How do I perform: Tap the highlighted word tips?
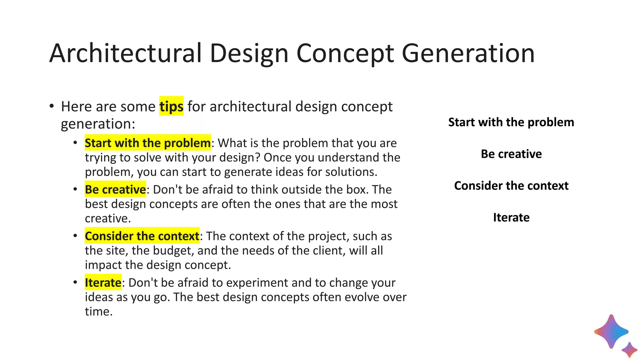pyautogui.click(x=171, y=107)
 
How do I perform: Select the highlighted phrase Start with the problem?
pyautogui.click(x=147, y=143)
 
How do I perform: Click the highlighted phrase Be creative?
pyautogui.click(x=115, y=190)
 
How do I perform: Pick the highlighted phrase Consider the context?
pyautogui.click(x=142, y=236)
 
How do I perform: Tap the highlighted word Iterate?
pyautogui.click(x=103, y=283)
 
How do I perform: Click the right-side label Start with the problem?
pyautogui.click(x=511, y=122)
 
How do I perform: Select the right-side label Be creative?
pyautogui.click(x=511, y=154)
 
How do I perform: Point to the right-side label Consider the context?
pyautogui.click(x=511, y=186)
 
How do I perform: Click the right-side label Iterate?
pyautogui.click(x=511, y=217)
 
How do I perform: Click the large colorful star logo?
pyautogui.click(x=611, y=332)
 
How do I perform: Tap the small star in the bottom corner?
pyautogui.click(x=629, y=350)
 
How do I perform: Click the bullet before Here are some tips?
pyautogui.click(x=52, y=106)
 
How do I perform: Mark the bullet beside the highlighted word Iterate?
pyautogui.click(x=75, y=282)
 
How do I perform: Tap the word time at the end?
pyautogui.click(x=98, y=312)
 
